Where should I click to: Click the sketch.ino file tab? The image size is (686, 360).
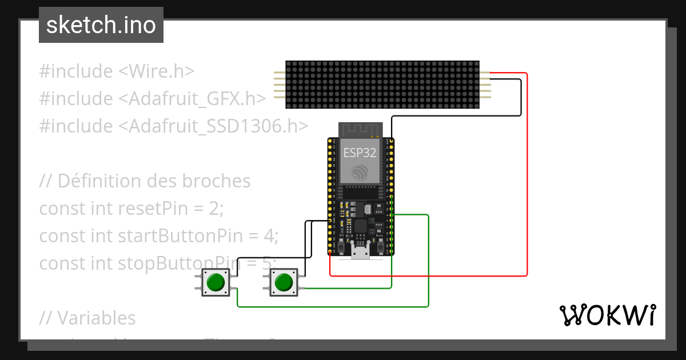101,25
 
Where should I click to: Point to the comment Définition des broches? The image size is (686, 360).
145,181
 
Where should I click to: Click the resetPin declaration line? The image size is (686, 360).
131,209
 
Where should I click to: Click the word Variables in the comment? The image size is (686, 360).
96,318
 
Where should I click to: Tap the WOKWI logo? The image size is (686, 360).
607,315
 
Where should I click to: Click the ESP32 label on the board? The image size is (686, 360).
360,153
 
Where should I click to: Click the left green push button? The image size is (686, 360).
216,283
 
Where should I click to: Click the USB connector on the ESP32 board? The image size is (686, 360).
360,253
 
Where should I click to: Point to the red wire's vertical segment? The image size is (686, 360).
527,171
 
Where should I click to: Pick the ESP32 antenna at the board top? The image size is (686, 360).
360,130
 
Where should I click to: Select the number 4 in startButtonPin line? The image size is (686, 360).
268,235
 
